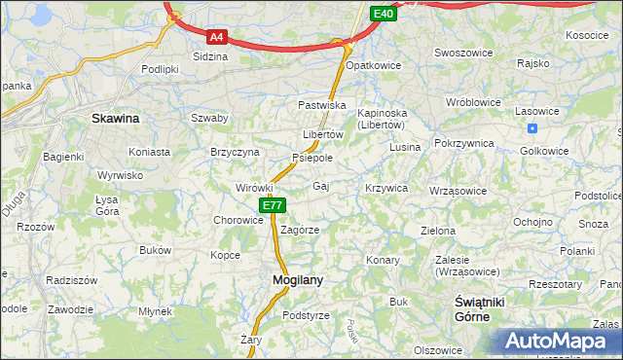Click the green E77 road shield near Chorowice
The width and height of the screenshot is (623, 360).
pyautogui.click(x=273, y=205)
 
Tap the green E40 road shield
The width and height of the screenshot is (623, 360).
pyautogui.click(x=383, y=14)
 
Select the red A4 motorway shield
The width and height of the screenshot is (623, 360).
pyautogui.click(x=217, y=37)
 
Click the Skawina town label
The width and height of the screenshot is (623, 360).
pyautogui.click(x=115, y=119)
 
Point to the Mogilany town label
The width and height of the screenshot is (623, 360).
pyautogui.click(x=290, y=280)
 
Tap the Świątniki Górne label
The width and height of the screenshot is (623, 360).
pyautogui.click(x=479, y=309)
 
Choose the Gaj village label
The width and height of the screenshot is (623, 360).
pyautogui.click(x=320, y=186)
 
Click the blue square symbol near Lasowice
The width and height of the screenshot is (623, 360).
pyautogui.click(x=531, y=128)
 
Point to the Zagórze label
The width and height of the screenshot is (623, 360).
pyautogui.click(x=300, y=231)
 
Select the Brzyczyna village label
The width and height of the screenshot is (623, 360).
pyautogui.click(x=235, y=152)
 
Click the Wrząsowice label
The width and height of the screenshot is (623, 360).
pyautogui.click(x=458, y=191)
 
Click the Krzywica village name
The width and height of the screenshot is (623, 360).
pyautogui.click(x=385, y=187)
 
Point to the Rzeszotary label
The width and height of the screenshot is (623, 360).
pyautogui.click(x=555, y=284)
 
